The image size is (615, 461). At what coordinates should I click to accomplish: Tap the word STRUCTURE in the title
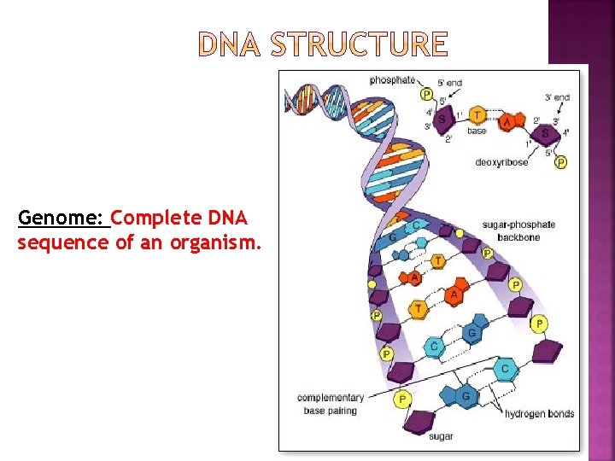(x=359, y=44)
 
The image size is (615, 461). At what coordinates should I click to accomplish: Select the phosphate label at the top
(x=392, y=80)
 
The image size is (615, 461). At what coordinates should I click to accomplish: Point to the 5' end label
(x=450, y=83)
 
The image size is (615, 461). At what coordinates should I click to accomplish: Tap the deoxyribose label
(x=502, y=162)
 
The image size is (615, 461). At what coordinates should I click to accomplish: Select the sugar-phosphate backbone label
(x=518, y=230)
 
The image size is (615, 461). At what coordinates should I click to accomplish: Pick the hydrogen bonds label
(x=539, y=414)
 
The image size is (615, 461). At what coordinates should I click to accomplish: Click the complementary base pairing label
(x=331, y=404)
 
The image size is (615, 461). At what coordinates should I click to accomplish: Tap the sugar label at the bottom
(x=442, y=435)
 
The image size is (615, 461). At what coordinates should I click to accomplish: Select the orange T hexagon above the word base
(x=477, y=115)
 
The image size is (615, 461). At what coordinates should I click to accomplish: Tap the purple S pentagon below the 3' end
(x=544, y=134)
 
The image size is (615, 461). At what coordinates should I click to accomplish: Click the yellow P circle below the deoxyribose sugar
(x=560, y=162)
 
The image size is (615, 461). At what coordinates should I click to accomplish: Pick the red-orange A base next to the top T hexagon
(x=508, y=122)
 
